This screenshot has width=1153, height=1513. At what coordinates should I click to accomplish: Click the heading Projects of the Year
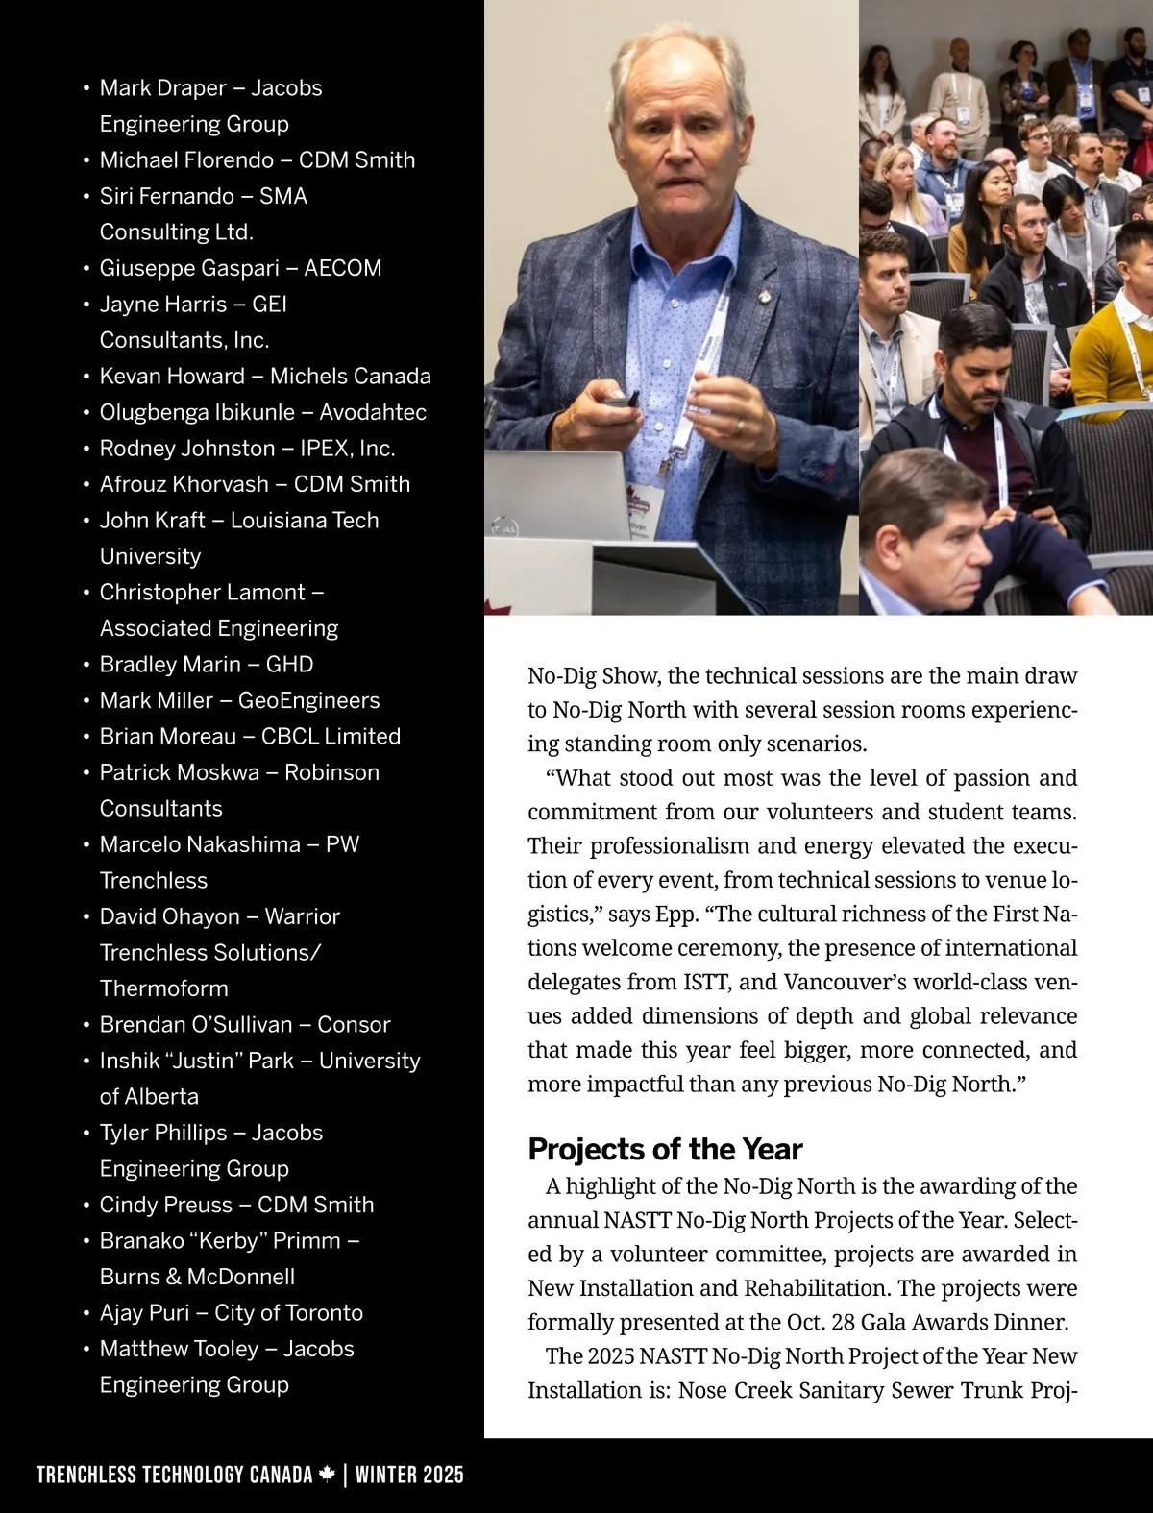click(x=665, y=1149)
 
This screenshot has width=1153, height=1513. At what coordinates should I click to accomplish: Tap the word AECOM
click(x=342, y=268)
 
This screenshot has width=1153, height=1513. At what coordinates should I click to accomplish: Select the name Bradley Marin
click(x=170, y=665)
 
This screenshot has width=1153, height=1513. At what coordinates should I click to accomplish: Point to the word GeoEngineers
click(x=308, y=700)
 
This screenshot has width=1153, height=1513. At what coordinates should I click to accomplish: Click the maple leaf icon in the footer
click(x=327, y=1474)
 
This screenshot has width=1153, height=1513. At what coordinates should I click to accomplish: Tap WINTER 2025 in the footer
click(x=409, y=1475)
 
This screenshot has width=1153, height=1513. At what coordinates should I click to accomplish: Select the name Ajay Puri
click(x=144, y=1313)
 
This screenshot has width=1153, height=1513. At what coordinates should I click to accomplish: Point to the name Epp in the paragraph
click(x=675, y=914)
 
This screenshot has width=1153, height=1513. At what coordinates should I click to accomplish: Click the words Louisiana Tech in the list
click(x=305, y=521)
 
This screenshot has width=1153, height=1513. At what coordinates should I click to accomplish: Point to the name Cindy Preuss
click(x=165, y=1205)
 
